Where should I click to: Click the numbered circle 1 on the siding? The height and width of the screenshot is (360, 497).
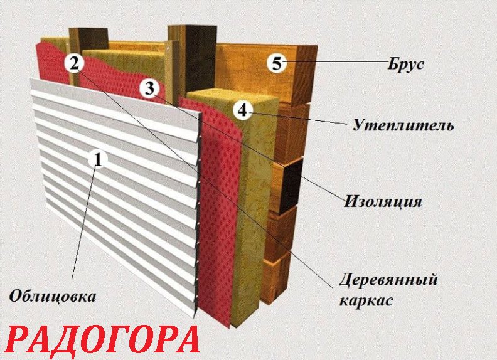click(98, 159)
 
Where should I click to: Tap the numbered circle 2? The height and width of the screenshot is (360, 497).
click(74, 63)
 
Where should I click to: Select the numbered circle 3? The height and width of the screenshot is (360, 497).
click(149, 88)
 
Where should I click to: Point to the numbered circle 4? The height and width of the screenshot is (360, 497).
click(243, 110)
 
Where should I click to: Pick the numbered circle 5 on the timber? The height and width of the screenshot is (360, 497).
click(276, 63)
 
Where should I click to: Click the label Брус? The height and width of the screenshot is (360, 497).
click(406, 64)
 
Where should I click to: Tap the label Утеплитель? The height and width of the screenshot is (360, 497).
click(403, 125)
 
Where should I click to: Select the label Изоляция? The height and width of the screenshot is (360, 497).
click(383, 201)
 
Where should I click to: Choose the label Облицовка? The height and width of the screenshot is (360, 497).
click(52, 297)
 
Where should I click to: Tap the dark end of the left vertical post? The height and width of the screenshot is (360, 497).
click(92, 39)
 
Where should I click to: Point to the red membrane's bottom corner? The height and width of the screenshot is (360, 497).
click(229, 326)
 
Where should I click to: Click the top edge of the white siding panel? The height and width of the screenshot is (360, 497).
click(115, 96)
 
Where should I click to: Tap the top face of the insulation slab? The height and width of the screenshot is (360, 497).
click(233, 95)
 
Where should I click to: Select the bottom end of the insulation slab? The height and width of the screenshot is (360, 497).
click(245, 320)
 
